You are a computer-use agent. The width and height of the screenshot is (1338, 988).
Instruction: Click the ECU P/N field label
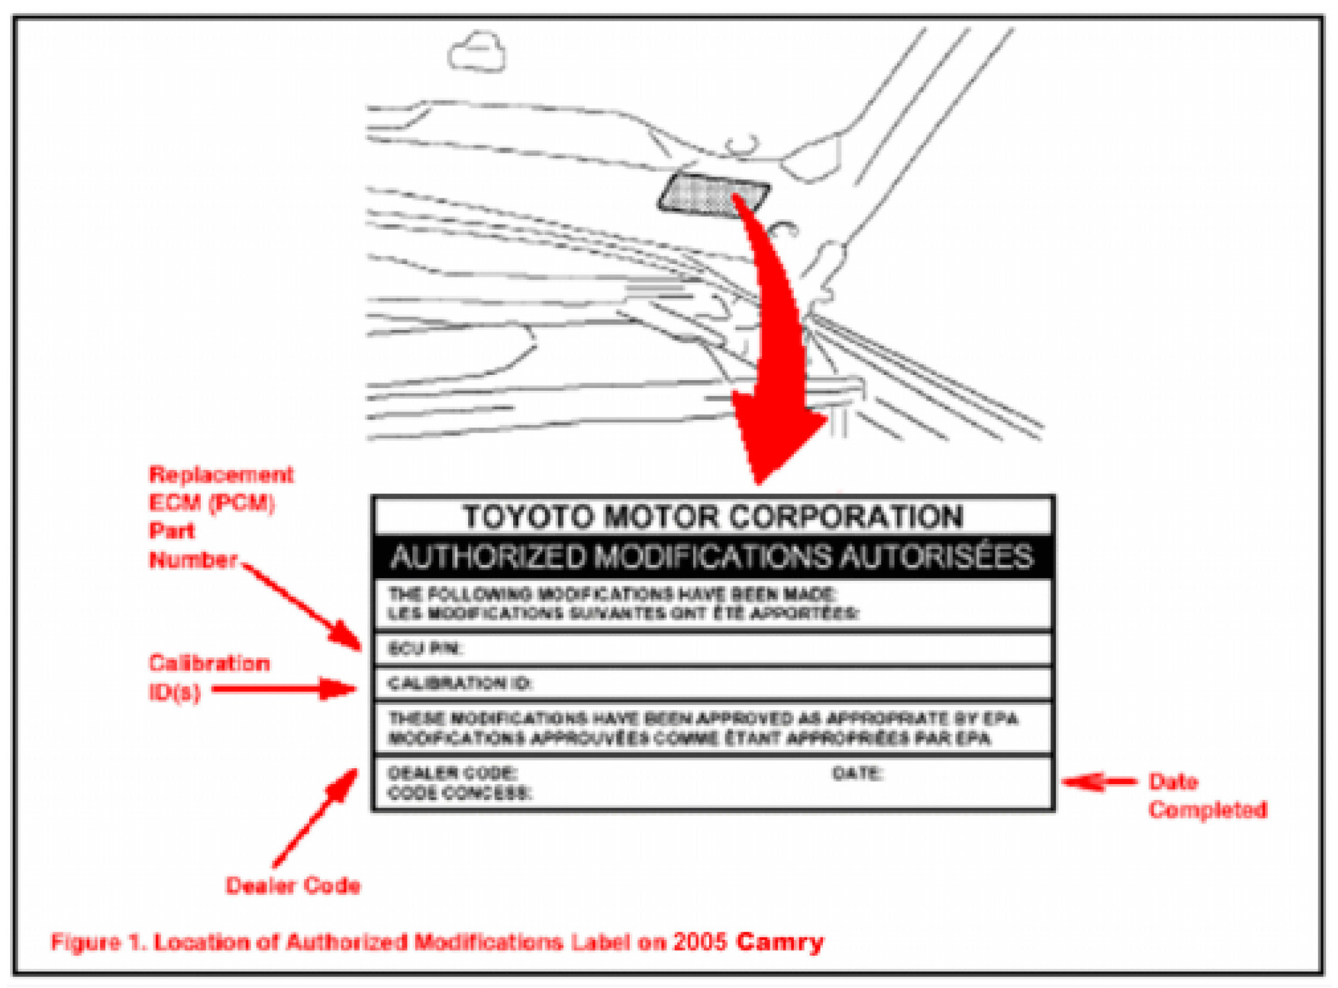pyautogui.click(x=425, y=649)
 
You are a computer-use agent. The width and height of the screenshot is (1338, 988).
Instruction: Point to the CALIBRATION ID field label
pyautogui.click(x=460, y=683)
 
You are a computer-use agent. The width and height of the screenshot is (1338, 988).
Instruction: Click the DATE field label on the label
pyautogui.click(x=857, y=773)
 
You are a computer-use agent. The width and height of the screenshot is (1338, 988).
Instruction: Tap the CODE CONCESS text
pyautogui.click(x=460, y=793)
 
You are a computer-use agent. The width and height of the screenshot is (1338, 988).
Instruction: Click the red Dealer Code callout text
pyautogui.click(x=293, y=885)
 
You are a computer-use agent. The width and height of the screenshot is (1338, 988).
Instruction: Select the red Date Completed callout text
pyautogui.click(x=1206, y=795)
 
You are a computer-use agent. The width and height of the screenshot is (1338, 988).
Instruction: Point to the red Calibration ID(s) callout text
pyautogui.click(x=208, y=677)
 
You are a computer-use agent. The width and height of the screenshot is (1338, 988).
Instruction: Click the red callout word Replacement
pyautogui.click(x=221, y=474)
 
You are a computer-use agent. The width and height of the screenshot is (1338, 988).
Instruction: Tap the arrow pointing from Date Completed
pyautogui.click(x=1099, y=782)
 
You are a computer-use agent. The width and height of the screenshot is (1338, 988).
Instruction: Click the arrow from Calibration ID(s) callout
pyautogui.click(x=285, y=689)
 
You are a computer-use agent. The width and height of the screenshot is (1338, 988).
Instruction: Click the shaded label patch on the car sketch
pyautogui.click(x=713, y=195)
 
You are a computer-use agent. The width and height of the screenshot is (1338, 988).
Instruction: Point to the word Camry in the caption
pyautogui.click(x=779, y=942)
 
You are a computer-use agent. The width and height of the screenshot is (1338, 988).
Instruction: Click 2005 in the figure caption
pyautogui.click(x=699, y=942)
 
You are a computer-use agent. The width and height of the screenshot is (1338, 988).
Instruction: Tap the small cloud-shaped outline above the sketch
pyautogui.click(x=477, y=53)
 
